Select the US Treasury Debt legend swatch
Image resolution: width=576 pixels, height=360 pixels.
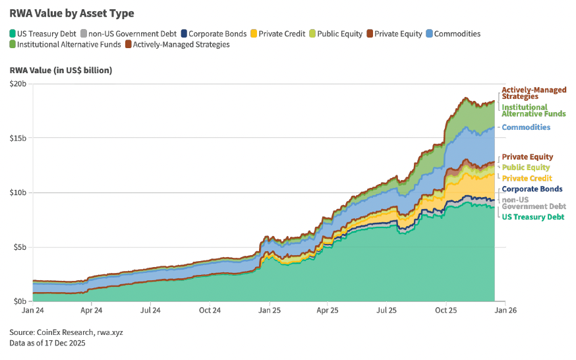point(13,34)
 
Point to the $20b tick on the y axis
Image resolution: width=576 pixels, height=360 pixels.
point(17,84)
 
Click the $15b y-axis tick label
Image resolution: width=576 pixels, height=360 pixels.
point(17,138)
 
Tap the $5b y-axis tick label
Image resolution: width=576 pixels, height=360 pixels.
point(19,247)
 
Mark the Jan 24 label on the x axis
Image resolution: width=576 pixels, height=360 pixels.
point(32,309)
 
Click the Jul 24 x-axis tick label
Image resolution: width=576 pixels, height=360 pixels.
point(150,309)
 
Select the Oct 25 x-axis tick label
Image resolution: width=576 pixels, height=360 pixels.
point(446,309)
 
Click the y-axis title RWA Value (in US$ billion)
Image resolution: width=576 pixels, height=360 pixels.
point(61,70)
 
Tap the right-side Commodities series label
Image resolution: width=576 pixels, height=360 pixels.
point(526,127)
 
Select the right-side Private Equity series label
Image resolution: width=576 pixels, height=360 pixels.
point(527,157)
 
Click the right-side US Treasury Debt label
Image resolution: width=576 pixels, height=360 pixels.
point(533,217)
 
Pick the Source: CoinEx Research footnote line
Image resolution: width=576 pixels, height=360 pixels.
point(66,332)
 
